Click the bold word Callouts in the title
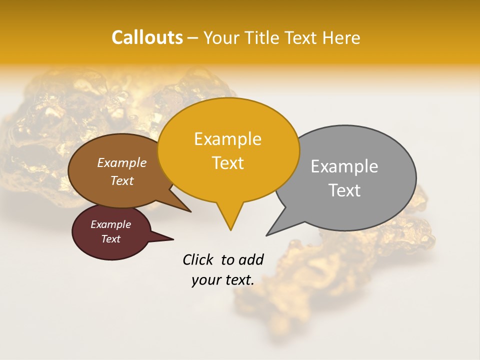(x=147, y=37)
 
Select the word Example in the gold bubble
(x=227, y=139)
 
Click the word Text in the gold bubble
(x=227, y=163)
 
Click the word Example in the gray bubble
(x=344, y=166)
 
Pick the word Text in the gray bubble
(x=344, y=190)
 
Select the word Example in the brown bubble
(x=122, y=162)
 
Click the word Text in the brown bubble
(x=122, y=180)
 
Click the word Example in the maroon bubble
(x=110, y=224)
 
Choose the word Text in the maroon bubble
(x=110, y=239)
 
